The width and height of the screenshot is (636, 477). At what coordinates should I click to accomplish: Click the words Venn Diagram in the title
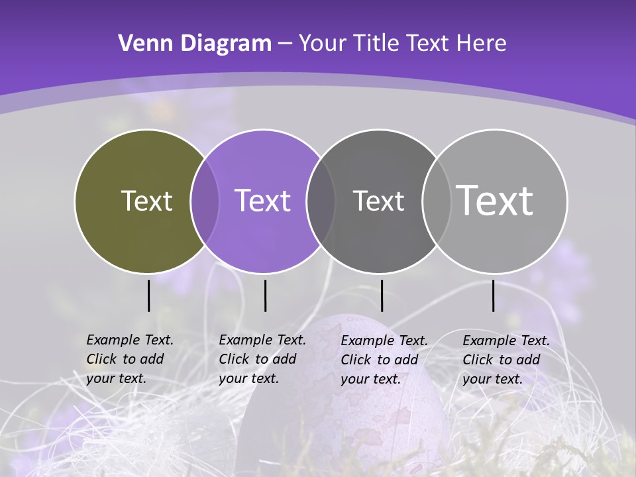[195, 44]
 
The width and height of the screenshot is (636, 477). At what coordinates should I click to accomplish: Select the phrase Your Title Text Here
[402, 44]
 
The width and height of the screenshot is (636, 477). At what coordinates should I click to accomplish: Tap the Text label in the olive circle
[146, 201]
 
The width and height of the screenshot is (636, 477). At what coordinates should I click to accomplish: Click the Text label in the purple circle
[262, 201]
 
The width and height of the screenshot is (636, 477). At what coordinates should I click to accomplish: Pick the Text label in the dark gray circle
[378, 201]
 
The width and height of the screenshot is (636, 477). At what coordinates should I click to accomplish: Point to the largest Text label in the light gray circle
[495, 200]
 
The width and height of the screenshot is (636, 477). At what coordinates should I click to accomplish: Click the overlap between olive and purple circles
[205, 201]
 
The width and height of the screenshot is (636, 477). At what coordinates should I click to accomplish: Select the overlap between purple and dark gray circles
[321, 201]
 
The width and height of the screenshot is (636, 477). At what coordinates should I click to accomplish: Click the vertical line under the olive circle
[149, 295]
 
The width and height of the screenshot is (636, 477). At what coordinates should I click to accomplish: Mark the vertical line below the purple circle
[265, 295]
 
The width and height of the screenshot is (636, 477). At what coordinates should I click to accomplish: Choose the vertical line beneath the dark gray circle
[382, 295]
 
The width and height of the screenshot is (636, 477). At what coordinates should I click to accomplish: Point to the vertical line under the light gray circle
[493, 295]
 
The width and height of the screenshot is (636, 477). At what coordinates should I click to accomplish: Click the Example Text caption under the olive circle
[130, 359]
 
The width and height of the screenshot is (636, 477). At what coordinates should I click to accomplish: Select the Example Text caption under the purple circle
[262, 359]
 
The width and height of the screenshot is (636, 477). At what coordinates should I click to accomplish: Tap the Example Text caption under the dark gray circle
[384, 360]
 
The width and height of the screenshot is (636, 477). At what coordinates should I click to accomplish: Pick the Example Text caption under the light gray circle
[506, 360]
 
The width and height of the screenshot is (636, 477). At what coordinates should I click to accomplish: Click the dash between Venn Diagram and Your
[285, 44]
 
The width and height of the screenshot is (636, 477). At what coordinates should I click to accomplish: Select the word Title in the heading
[380, 44]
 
